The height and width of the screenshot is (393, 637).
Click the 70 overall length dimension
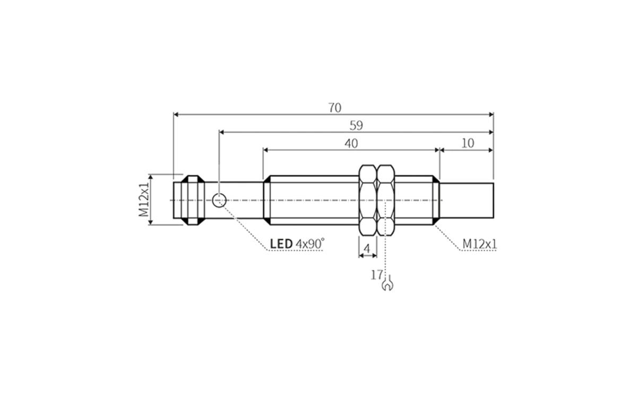334,108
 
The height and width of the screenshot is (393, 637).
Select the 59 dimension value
356,126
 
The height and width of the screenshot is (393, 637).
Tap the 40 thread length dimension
351,143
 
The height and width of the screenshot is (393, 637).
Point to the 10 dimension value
468,143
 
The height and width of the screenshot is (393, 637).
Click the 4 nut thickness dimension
367,248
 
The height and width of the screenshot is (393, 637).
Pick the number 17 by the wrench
377,275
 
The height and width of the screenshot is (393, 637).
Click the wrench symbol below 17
388,285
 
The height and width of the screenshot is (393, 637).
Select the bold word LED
281,244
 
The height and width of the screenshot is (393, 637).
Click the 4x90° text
310,244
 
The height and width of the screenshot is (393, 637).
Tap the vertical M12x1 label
144,199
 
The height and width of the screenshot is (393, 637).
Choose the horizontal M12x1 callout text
479,243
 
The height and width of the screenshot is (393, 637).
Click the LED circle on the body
219,200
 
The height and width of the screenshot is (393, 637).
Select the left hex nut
367,200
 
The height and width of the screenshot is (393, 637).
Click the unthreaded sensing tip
467,200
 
